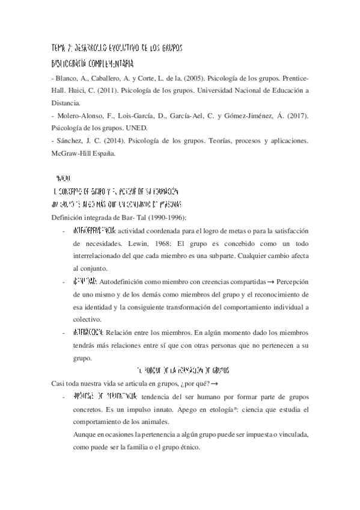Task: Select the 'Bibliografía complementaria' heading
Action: click(x=91, y=64)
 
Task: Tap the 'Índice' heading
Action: click(x=63, y=179)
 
